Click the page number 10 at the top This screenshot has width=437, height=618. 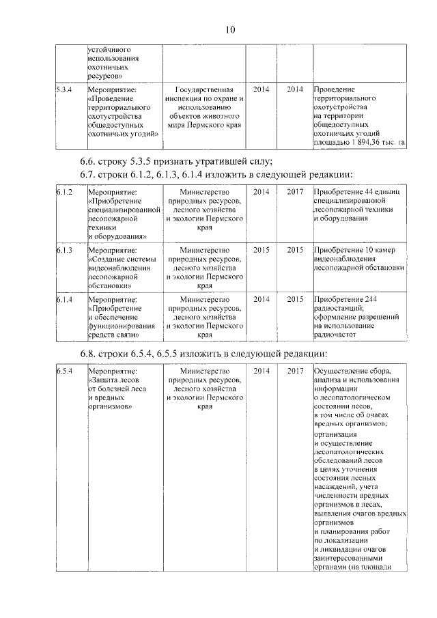(x=229, y=29)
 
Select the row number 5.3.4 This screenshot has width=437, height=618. (x=64, y=89)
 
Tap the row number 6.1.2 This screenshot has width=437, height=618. (x=64, y=193)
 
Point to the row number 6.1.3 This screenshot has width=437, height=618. (x=64, y=251)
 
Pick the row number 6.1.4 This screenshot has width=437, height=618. (x=64, y=299)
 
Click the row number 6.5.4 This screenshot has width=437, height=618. (x=64, y=371)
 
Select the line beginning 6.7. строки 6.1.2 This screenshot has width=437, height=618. (x=216, y=175)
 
